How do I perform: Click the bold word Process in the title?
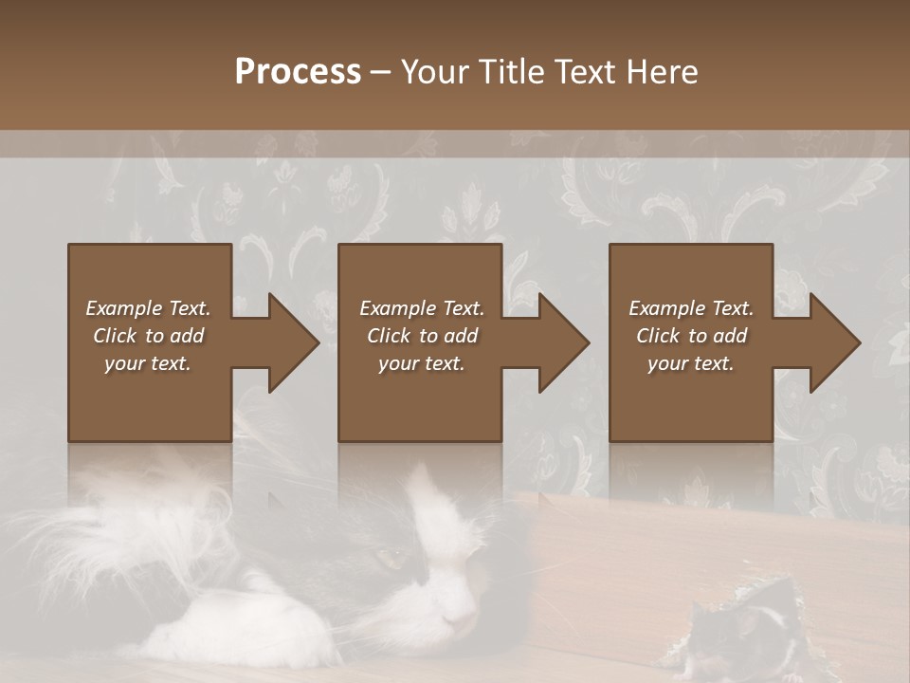298,72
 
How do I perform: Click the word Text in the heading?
585,72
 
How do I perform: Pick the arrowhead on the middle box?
563,342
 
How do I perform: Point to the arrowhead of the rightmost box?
834,342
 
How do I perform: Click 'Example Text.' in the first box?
148,308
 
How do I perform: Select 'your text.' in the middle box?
421,363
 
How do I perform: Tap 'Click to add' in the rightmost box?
691,336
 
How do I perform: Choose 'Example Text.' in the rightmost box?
691,308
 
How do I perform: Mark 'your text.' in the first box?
148,363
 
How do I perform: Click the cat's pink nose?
464,621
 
